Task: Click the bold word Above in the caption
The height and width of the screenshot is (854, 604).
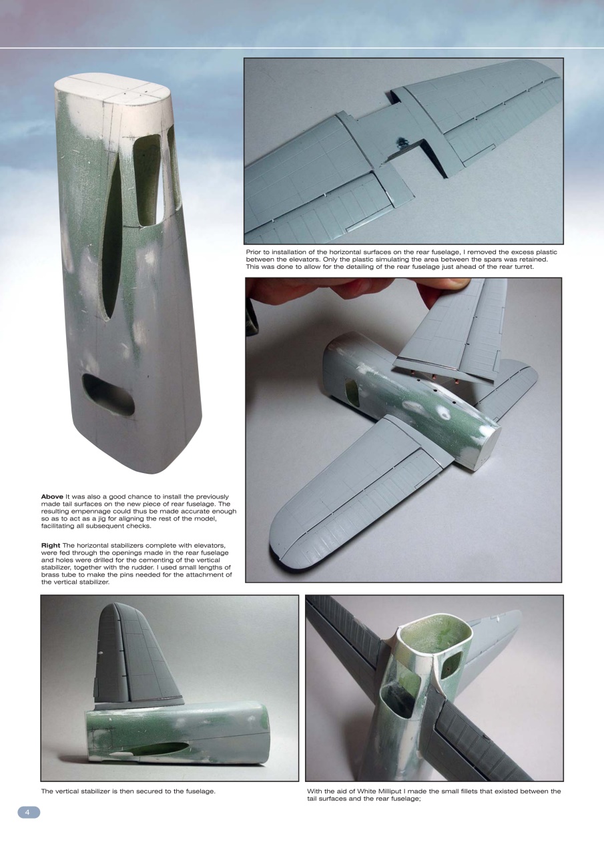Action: coord(52,496)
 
